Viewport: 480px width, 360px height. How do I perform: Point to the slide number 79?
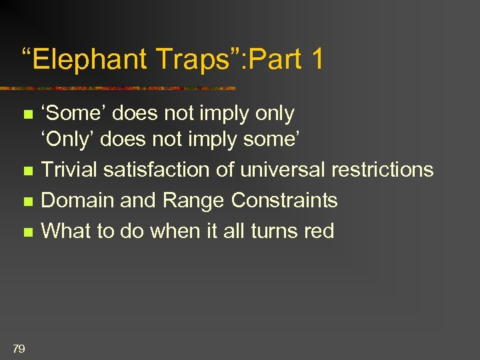tap(19, 347)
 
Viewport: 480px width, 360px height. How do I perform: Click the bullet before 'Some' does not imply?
tap(27, 115)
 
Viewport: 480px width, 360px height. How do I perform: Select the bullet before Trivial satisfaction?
tap(27, 171)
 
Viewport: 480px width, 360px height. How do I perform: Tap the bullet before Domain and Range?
tap(27, 201)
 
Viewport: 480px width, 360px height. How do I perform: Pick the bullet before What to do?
tap(27, 232)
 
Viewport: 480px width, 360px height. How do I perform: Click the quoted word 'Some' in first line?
tap(73, 114)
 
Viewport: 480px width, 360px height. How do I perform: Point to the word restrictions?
tap(387, 170)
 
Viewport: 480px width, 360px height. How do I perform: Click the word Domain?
tap(80, 201)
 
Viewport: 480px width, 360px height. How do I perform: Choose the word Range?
tap(198, 201)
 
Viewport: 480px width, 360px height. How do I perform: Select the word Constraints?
tap(285, 201)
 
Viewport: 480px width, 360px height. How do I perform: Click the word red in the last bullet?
tap(318, 231)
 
